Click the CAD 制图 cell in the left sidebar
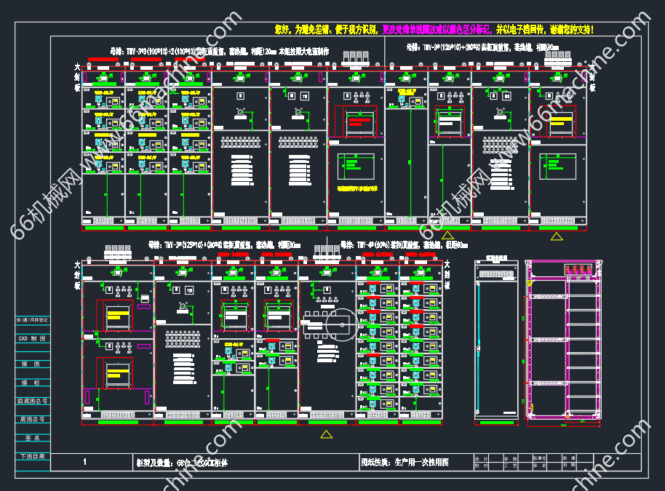32,338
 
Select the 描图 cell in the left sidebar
32,363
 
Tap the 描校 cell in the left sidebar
32,382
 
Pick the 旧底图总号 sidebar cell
32,400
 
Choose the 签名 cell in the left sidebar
32,438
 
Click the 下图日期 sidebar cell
32,456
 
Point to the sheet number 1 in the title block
86,462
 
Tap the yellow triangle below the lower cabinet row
327,434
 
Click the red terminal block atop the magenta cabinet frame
579,271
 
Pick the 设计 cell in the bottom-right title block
481,458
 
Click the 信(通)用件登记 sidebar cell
32,320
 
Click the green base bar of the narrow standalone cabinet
494,420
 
